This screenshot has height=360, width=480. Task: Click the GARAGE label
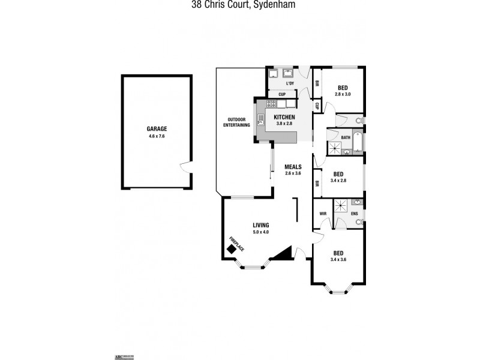click(x=157, y=128)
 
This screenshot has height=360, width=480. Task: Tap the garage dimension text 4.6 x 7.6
click(x=157, y=136)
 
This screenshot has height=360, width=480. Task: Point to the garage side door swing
click(x=185, y=166)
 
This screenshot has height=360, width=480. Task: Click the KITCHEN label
click(x=284, y=116)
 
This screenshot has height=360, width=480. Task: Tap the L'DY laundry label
click(x=290, y=83)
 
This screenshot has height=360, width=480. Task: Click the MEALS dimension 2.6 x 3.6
click(x=293, y=173)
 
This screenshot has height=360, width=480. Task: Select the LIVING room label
click(x=260, y=225)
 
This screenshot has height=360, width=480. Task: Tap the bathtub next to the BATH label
click(x=358, y=143)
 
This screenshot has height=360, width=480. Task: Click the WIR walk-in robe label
click(x=322, y=213)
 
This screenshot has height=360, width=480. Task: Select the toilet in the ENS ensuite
click(x=358, y=222)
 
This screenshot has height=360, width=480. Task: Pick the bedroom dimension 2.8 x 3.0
click(x=343, y=94)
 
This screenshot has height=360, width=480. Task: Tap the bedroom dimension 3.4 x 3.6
click(x=338, y=259)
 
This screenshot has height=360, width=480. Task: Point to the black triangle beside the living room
click(x=283, y=254)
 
